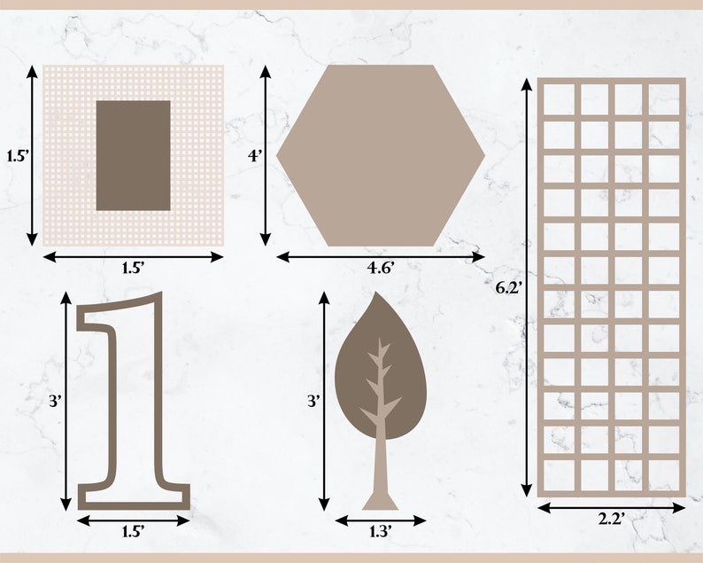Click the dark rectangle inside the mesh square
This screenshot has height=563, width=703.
[x=133, y=155]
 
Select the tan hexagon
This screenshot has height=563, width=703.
[x=381, y=155]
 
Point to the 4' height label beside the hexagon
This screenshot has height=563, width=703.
[x=255, y=156]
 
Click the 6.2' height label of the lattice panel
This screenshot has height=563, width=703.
[x=508, y=287]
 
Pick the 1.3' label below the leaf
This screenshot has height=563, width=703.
[x=380, y=532]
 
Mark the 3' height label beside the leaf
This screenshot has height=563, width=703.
[x=313, y=401]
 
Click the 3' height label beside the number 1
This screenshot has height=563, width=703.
[x=55, y=401]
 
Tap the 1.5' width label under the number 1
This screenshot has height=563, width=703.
[x=133, y=532]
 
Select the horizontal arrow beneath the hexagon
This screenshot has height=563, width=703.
[x=381, y=256]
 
